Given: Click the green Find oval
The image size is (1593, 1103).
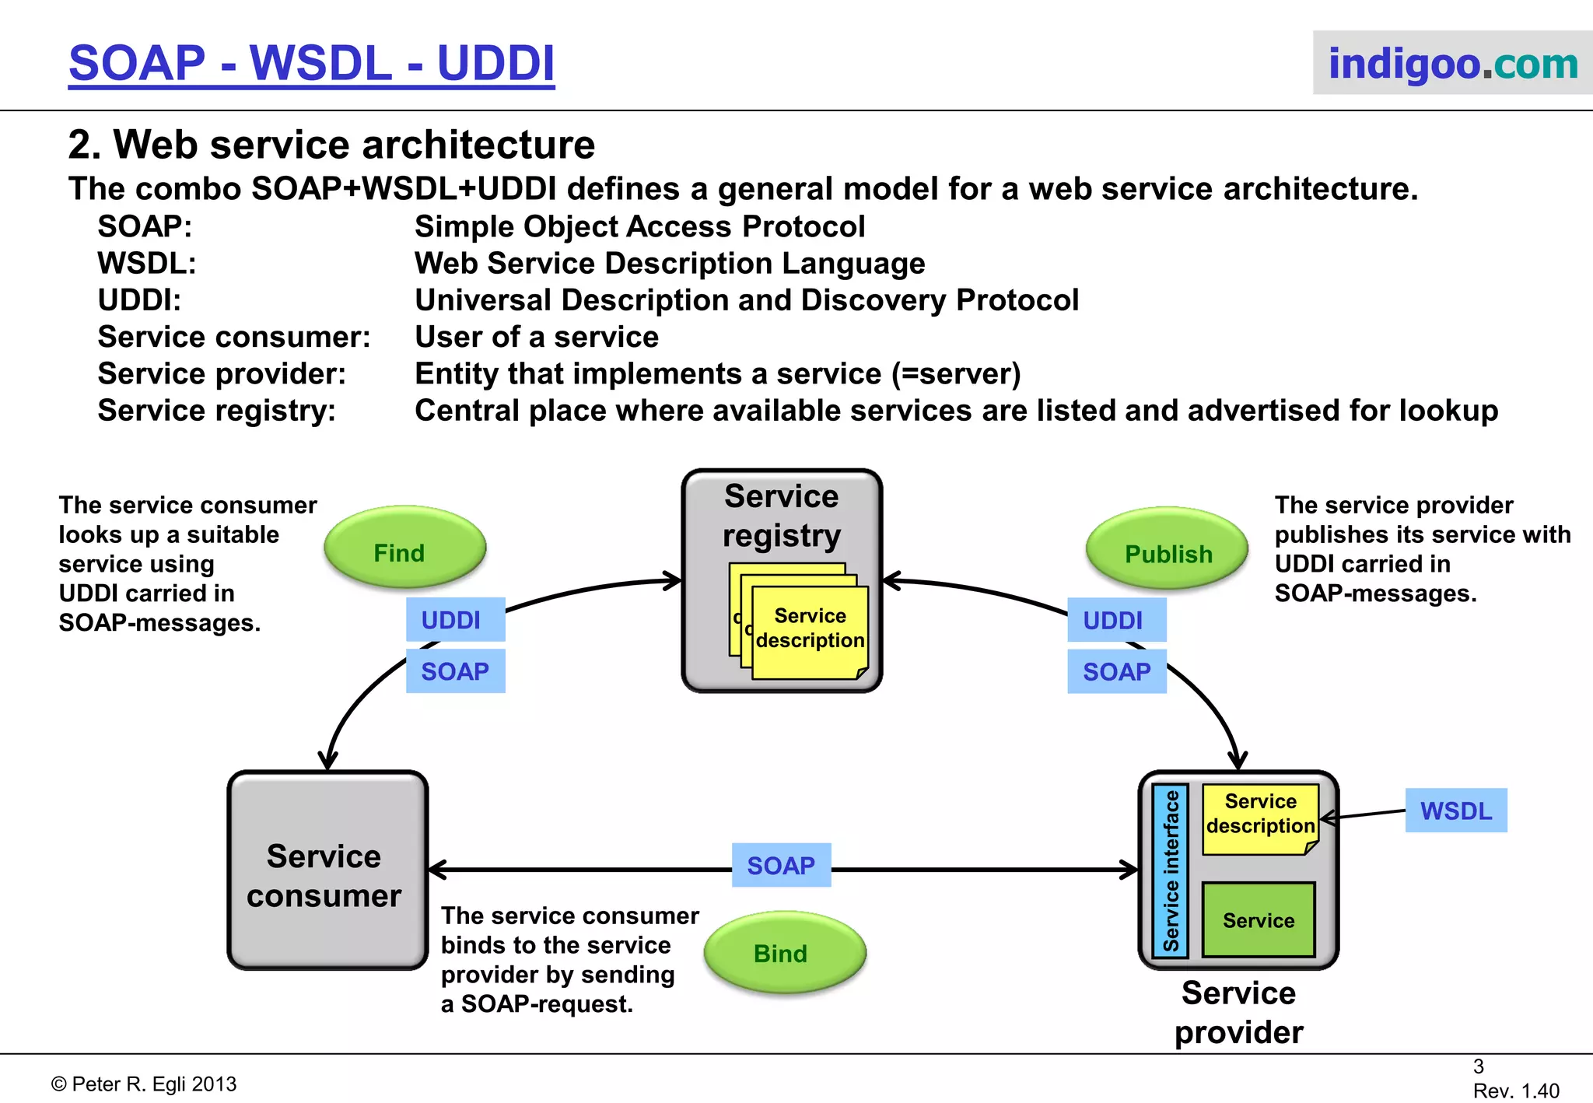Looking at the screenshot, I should [x=404, y=548].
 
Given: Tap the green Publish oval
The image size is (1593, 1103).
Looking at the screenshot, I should [x=1167, y=550].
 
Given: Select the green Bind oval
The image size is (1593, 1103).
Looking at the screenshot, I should [x=784, y=952].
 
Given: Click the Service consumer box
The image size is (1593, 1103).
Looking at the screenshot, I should [x=327, y=871].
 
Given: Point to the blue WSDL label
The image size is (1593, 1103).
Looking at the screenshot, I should [x=1455, y=811].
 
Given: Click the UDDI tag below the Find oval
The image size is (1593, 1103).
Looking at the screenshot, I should [x=455, y=620].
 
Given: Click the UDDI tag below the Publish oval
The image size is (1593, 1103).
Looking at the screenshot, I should [x=1116, y=620].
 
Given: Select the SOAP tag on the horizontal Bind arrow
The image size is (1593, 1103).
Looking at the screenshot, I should [x=781, y=865].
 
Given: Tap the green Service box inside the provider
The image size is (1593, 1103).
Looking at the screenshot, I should [x=1258, y=919].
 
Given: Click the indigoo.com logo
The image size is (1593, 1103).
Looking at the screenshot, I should [x=1451, y=63].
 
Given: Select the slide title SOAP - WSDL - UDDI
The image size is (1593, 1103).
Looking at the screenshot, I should [x=312, y=63].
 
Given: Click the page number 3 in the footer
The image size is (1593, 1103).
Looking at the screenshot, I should [x=1478, y=1066].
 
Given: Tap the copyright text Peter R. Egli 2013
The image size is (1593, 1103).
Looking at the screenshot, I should [x=145, y=1084].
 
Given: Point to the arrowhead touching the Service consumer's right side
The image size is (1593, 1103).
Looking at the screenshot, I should [x=436, y=870].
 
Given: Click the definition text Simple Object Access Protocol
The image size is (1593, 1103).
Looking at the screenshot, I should [x=639, y=226].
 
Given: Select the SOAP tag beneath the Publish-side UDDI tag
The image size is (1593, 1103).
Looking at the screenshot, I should [x=1116, y=671].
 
